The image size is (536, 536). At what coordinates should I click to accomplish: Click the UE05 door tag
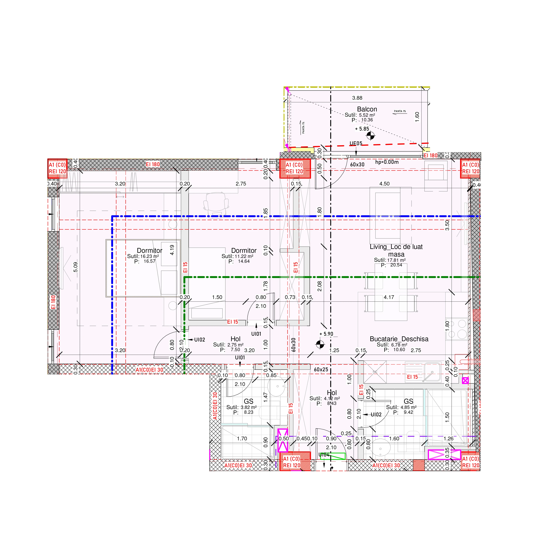point(356,143)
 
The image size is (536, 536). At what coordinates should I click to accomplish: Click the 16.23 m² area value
point(149,256)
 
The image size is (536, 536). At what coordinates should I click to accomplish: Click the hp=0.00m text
point(387,162)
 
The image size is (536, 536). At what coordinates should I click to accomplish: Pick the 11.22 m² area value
point(244,256)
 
